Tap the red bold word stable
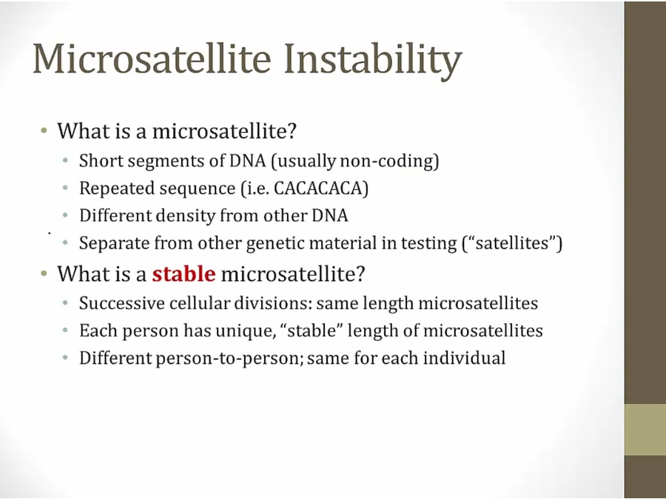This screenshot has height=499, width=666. click(x=184, y=274)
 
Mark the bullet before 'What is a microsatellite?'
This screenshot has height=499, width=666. click(x=44, y=130)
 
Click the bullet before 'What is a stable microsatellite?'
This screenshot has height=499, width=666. click(x=44, y=274)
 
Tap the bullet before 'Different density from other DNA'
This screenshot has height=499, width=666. click(x=65, y=216)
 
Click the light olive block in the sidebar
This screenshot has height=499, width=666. click(x=645, y=430)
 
